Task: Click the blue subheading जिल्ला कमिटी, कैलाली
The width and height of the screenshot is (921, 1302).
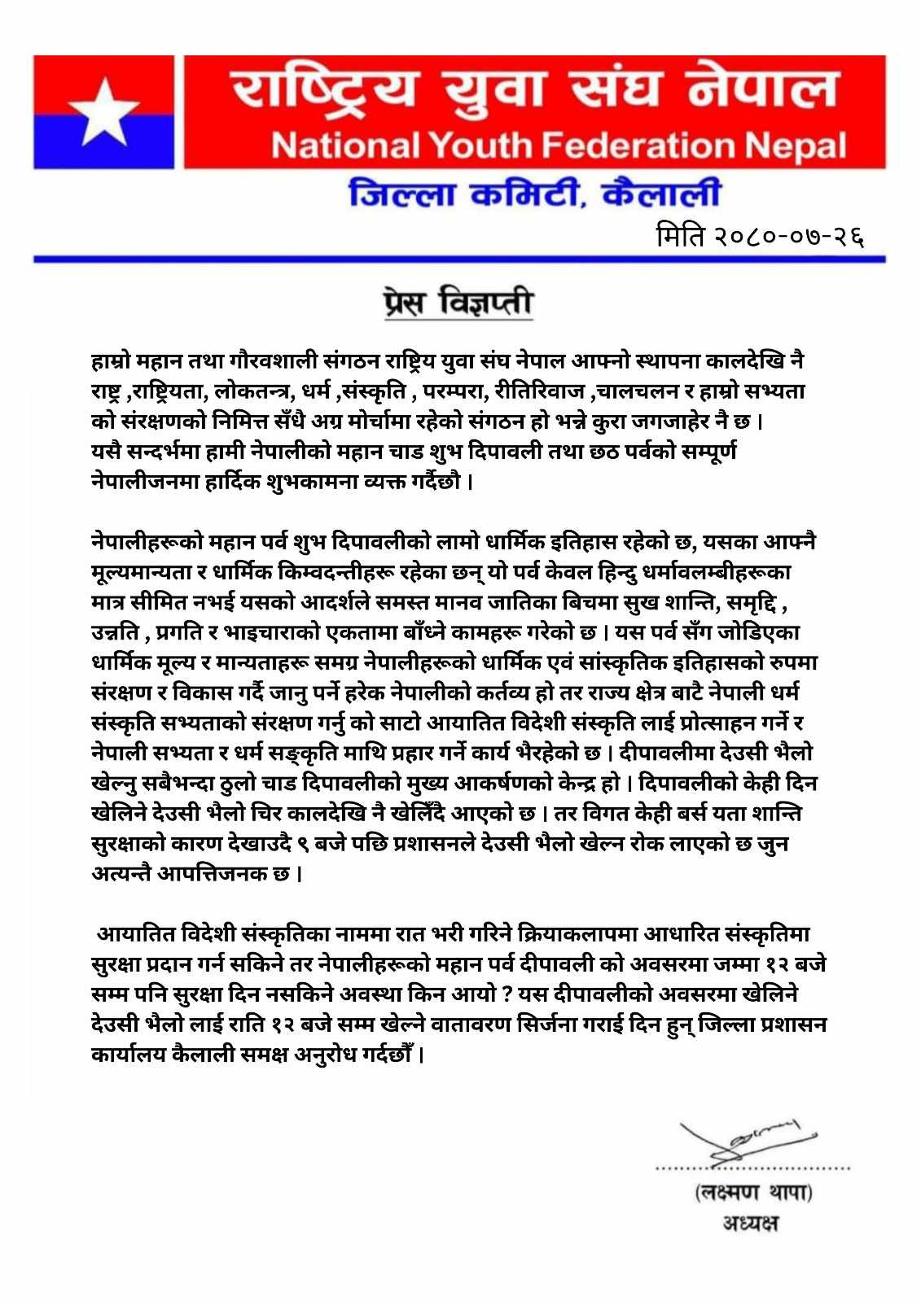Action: click(534, 195)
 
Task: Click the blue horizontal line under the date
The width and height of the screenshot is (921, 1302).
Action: click(459, 259)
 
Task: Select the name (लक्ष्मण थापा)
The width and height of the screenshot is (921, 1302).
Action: click(754, 1194)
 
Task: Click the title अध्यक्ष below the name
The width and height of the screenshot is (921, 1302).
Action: click(750, 1223)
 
